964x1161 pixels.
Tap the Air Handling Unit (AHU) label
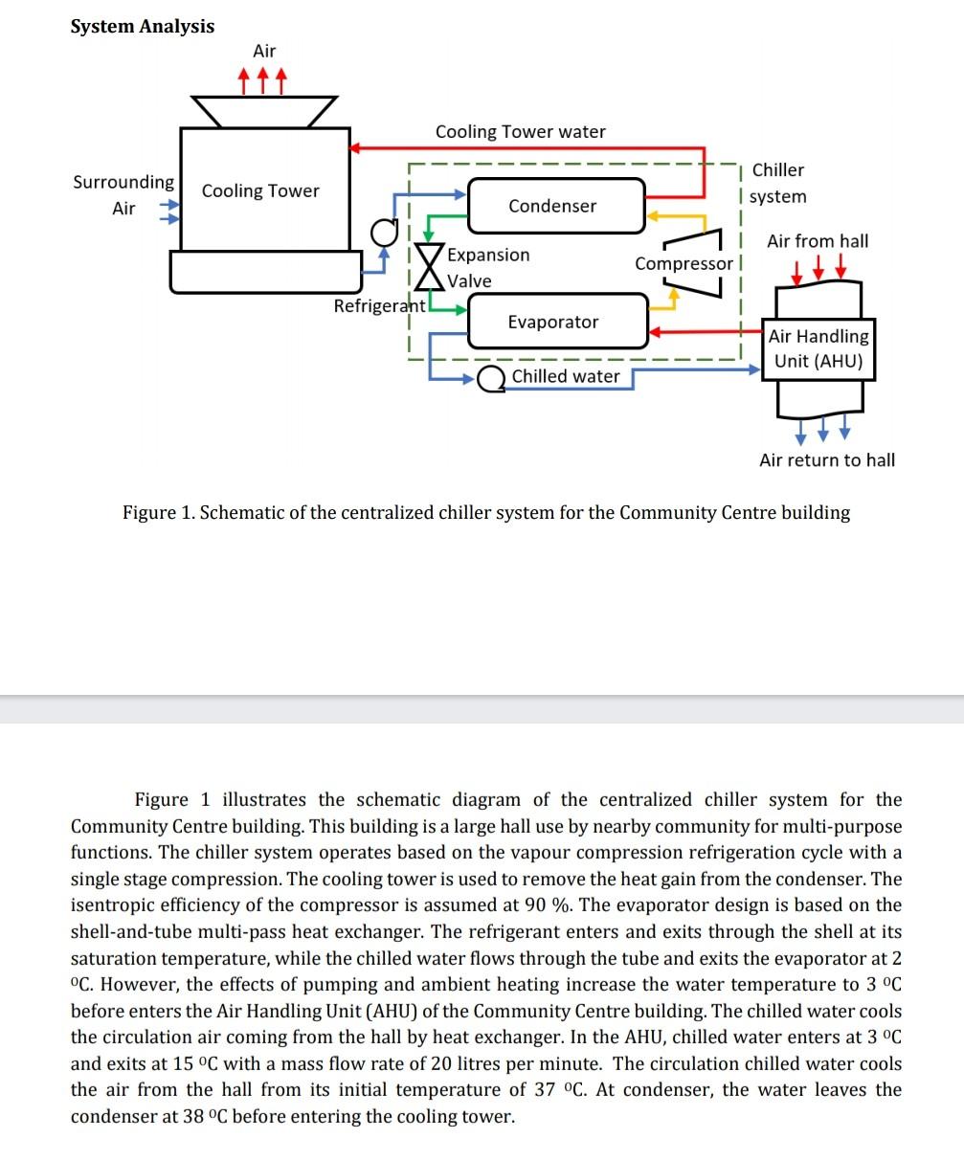(818, 348)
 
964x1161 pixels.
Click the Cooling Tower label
(260, 190)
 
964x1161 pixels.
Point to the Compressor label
(684, 263)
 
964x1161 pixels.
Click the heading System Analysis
(143, 26)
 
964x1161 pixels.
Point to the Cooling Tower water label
(520, 131)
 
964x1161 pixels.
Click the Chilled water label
(566, 376)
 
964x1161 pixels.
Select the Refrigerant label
(379, 306)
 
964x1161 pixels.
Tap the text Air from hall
(818, 241)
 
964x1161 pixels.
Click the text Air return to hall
(827, 460)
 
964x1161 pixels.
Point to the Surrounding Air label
(123, 194)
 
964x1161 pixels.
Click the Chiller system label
(778, 183)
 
